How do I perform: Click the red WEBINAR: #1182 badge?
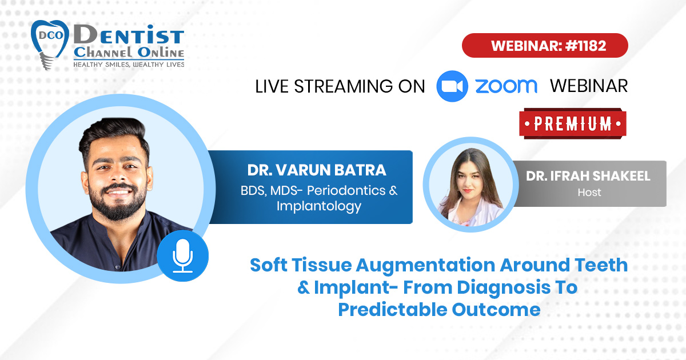point(545,45)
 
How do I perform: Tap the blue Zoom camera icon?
point(452,86)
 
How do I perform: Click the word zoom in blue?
point(506,86)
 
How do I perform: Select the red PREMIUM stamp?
point(573,123)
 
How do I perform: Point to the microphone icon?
point(183,256)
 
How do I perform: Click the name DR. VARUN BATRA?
point(317,170)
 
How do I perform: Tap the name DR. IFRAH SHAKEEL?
point(588,176)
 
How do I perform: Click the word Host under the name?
point(589,193)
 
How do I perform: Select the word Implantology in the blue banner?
point(319,207)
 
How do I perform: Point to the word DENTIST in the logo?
point(129,35)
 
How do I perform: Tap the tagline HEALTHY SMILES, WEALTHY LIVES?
point(129,65)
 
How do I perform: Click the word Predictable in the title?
point(393,310)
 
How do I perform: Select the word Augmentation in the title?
point(425,265)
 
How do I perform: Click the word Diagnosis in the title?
point(504,288)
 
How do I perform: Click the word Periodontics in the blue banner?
point(346,191)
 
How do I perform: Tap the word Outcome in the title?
point(496,310)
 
